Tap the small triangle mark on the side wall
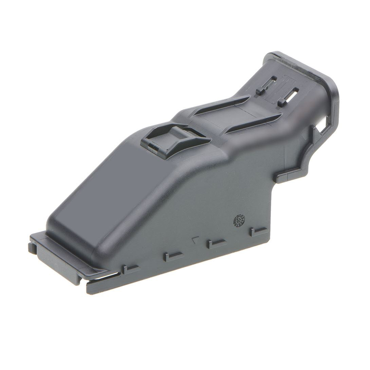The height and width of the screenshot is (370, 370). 195,239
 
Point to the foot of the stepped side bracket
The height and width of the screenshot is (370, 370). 285,177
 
